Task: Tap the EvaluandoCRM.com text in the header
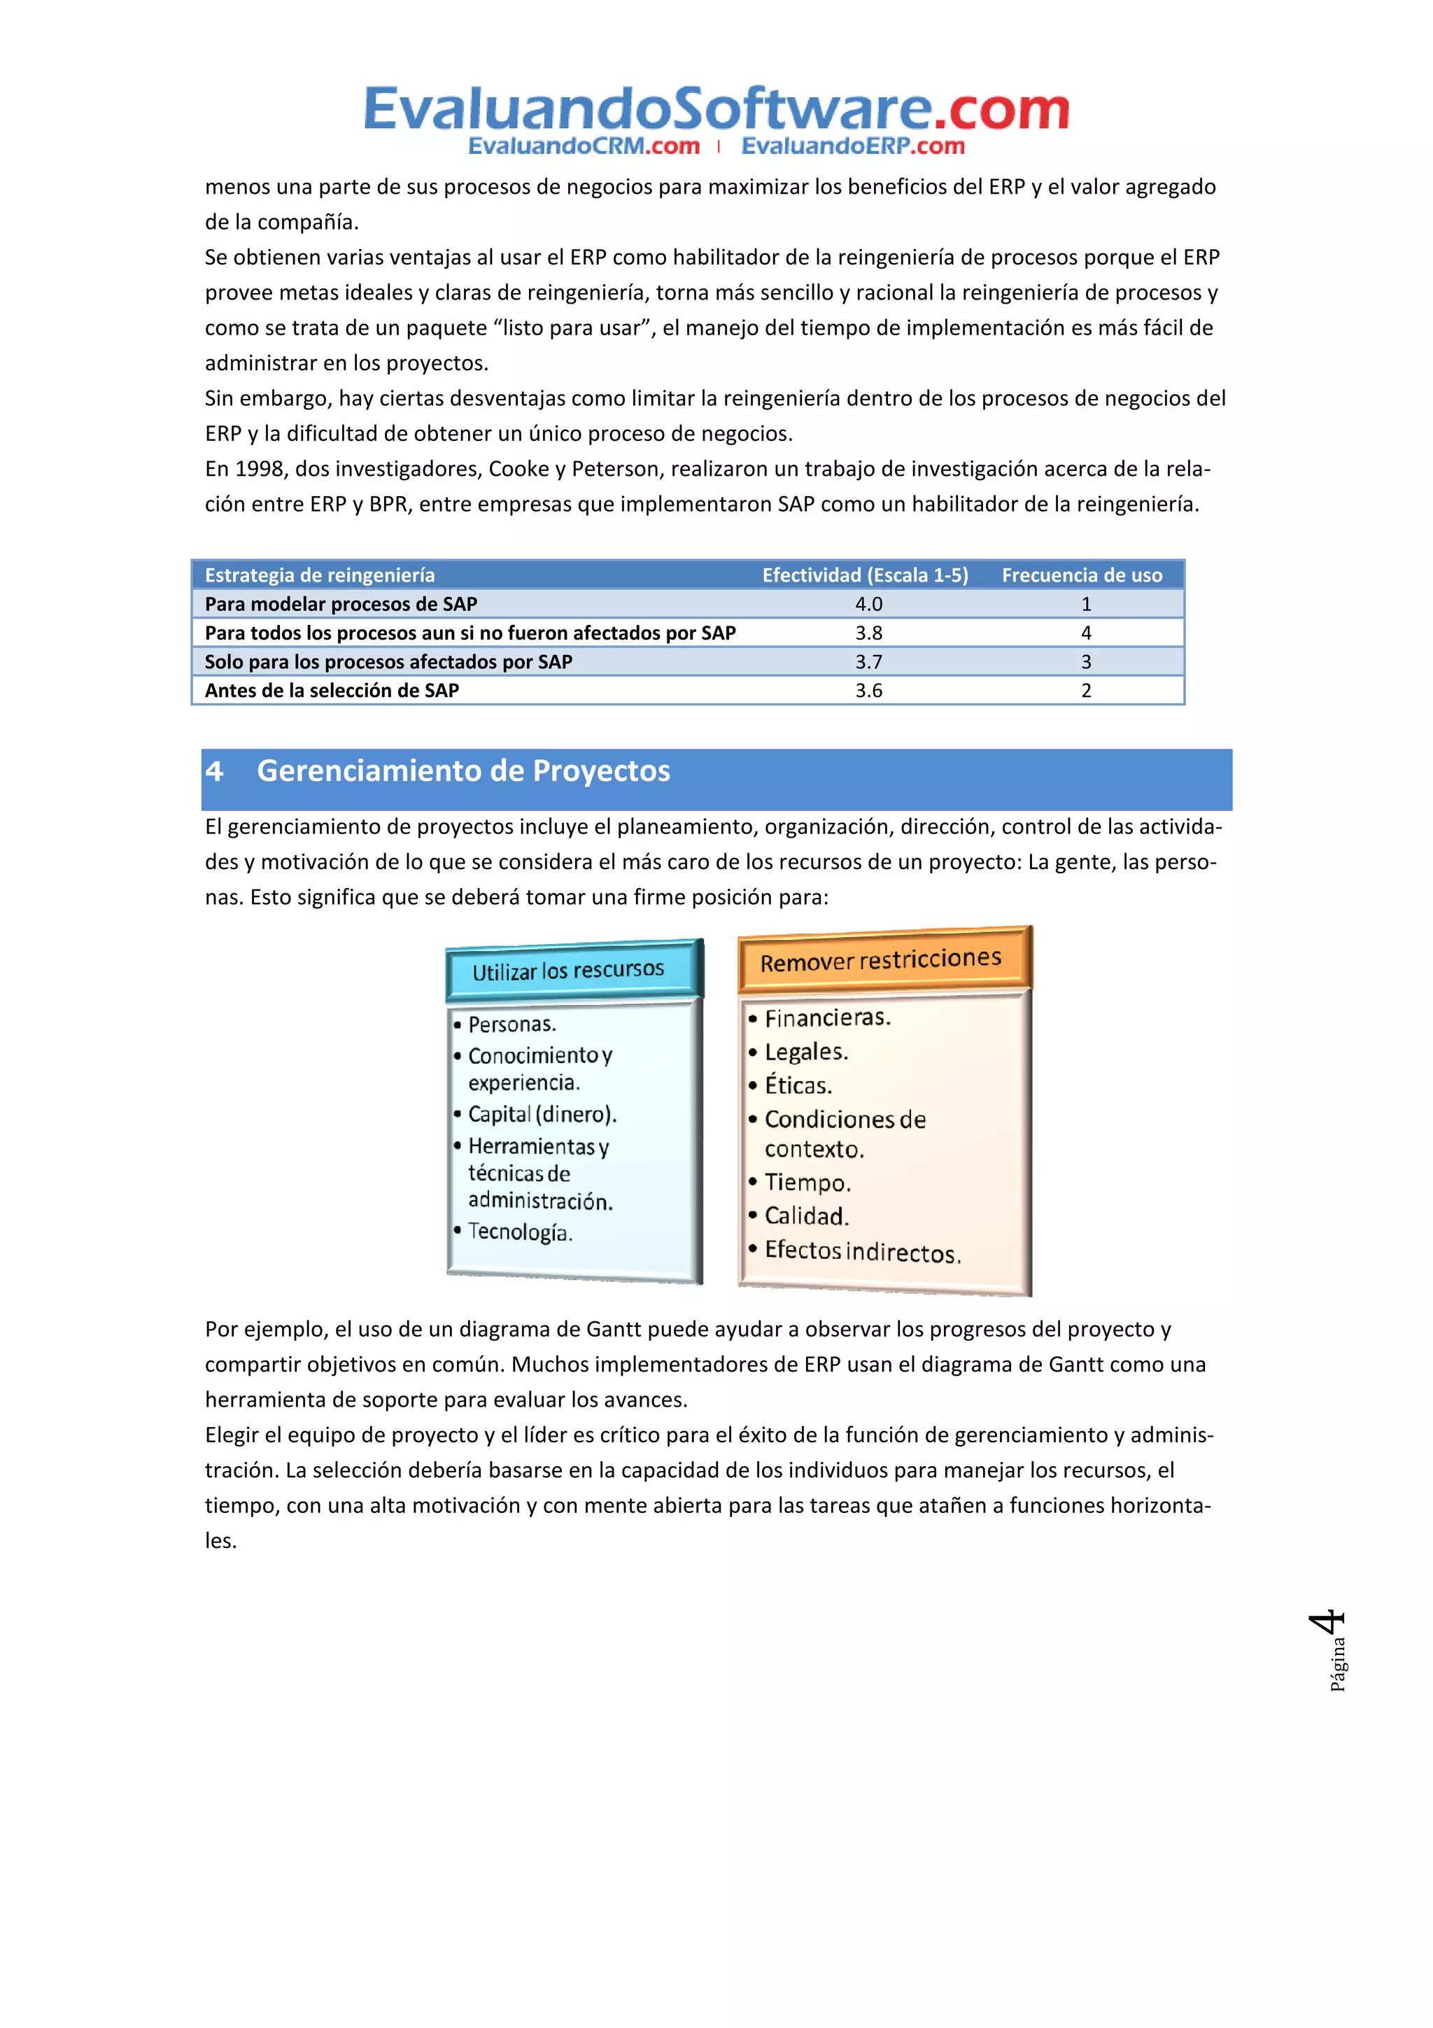coord(584,147)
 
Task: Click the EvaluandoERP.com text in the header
coord(852,147)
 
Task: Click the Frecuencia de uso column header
coord(1081,575)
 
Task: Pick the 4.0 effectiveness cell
coord(868,604)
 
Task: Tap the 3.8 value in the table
coord(868,633)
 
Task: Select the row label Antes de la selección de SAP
coord(332,691)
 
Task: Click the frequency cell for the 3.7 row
coord(1085,661)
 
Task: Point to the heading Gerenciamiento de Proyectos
coord(463,771)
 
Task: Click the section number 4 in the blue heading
coord(215,771)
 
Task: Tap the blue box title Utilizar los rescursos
coord(567,971)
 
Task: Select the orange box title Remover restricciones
coord(880,960)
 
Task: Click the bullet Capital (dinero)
coord(542,1115)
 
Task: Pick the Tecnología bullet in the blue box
coord(520,1232)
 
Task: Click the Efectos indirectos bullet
coord(862,1252)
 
